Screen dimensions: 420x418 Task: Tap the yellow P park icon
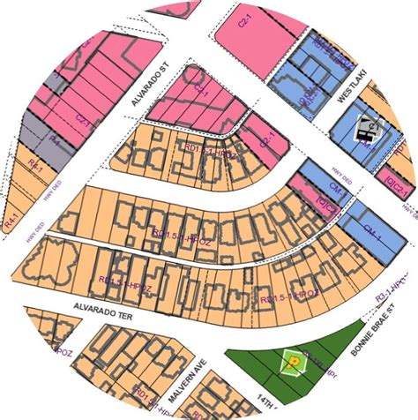point(291,360)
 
